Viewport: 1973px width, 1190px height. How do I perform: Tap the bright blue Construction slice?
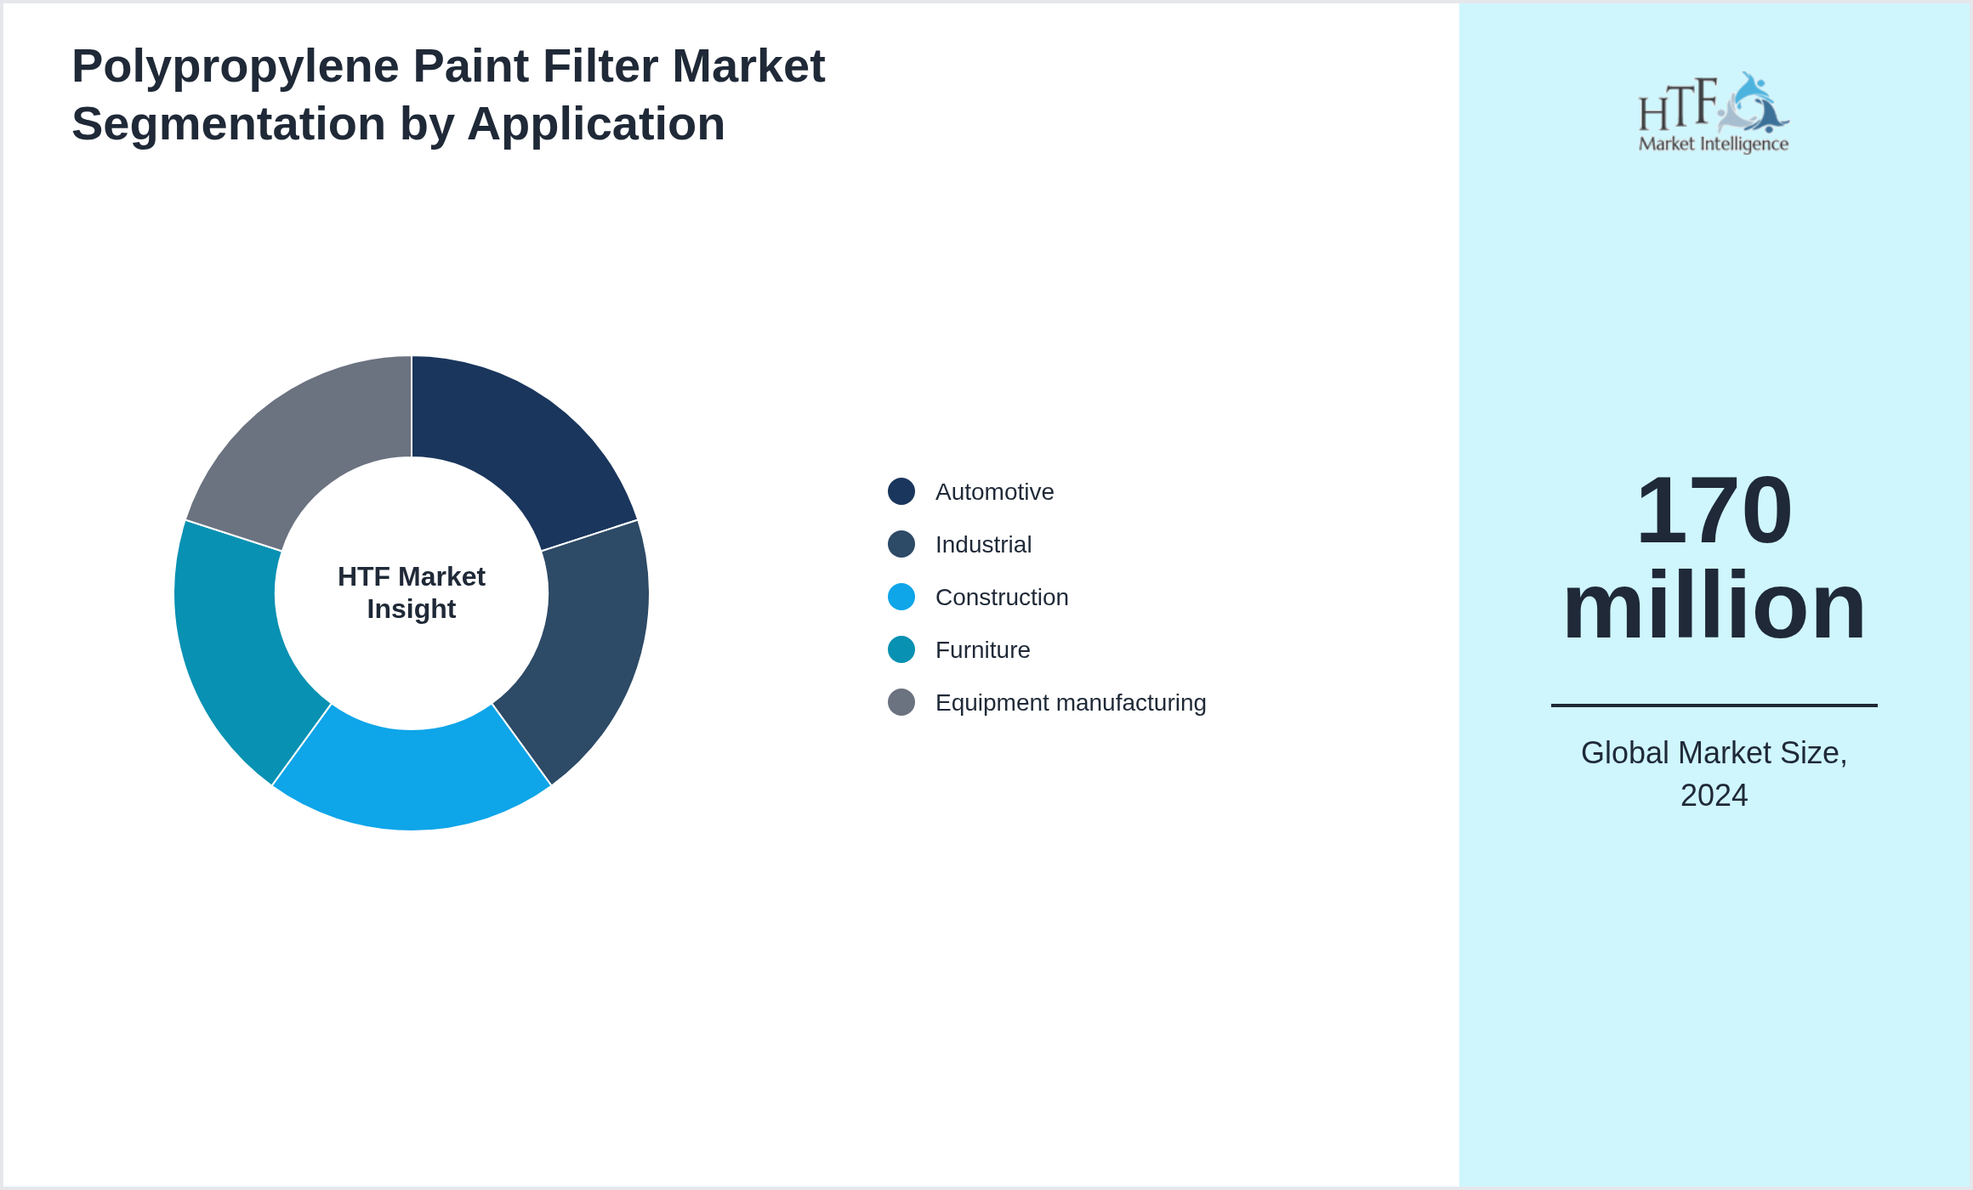pyautogui.click(x=412, y=778)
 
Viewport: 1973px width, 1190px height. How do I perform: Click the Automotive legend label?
pyautogui.click(x=994, y=492)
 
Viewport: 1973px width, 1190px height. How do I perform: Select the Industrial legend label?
pyautogui.click(x=983, y=545)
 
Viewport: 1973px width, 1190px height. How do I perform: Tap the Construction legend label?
pyautogui.click(x=1002, y=598)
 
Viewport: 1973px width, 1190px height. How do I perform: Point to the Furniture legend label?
pyautogui.click(x=982, y=650)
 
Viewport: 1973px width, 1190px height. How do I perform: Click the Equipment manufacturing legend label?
pyautogui.click(x=1071, y=703)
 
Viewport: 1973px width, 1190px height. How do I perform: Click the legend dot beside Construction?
pyautogui.click(x=901, y=597)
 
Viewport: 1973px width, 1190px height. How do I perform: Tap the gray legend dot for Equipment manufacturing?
pyautogui.click(x=901, y=702)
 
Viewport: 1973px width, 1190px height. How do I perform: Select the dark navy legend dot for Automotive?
pyautogui.click(x=901, y=491)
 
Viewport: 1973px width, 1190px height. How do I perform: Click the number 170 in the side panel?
pyautogui.click(x=1714, y=510)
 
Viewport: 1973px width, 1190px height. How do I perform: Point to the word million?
pyautogui.click(x=1714, y=605)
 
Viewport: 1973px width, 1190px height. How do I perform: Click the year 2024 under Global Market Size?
pyautogui.click(x=1714, y=796)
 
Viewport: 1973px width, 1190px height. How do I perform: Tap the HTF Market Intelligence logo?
pyautogui.click(x=1714, y=112)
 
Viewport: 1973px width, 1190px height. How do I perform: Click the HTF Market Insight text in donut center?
pyautogui.click(x=412, y=592)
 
